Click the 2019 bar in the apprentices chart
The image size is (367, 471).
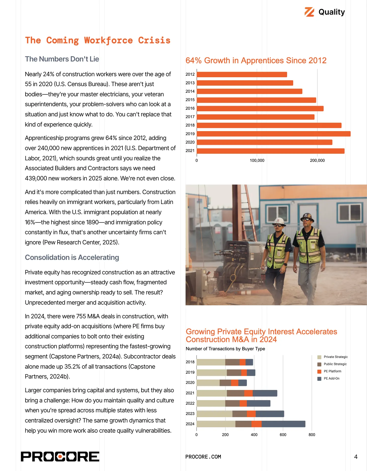273,134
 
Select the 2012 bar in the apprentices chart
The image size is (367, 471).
242,74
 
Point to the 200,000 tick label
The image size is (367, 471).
317,161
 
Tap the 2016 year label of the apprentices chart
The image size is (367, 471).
190,108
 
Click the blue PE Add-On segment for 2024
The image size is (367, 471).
283,424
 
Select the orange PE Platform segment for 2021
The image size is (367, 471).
248,393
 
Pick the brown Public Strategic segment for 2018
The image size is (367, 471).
232,362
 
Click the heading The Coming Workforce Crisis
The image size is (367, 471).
98,40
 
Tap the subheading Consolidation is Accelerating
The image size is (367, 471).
72,257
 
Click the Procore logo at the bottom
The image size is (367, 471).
60,457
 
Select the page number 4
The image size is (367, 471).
356,457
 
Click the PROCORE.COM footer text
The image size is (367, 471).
203,457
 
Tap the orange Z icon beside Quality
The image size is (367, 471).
309,12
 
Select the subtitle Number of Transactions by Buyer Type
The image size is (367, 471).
225,349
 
